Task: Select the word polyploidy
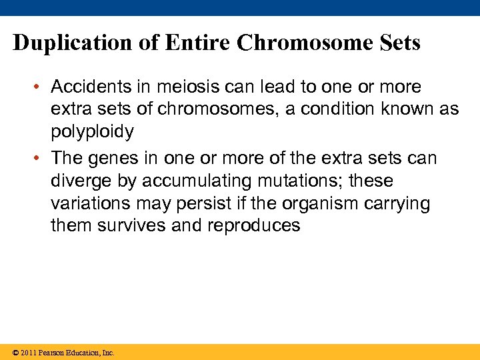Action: (x=92, y=131)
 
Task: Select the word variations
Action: (x=84, y=203)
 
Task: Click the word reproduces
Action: (x=254, y=225)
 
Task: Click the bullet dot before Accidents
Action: (x=40, y=87)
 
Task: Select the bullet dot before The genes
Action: (x=40, y=159)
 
